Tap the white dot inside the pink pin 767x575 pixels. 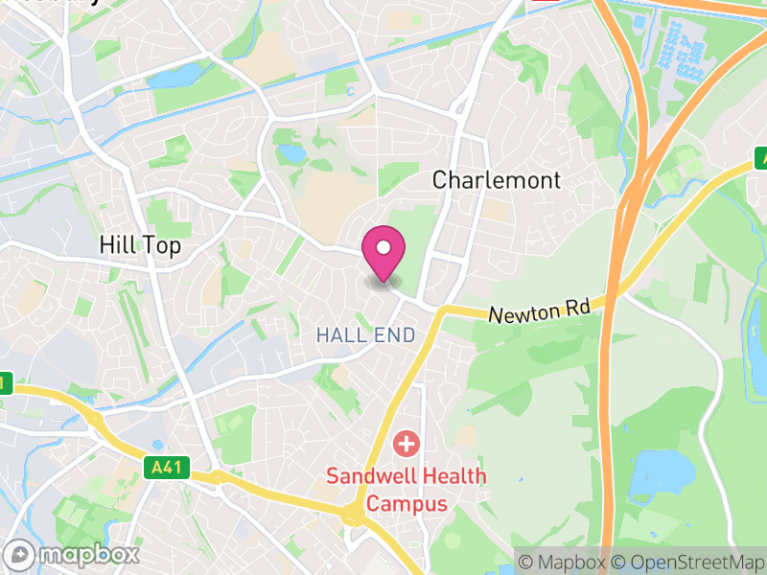[x=383, y=248]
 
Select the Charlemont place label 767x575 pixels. [x=496, y=180]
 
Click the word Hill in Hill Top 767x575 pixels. [x=119, y=246]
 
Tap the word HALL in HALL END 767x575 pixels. [x=338, y=335]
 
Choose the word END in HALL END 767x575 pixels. [x=395, y=335]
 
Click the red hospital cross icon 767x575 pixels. [x=407, y=444]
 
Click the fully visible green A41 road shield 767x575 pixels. [x=170, y=469]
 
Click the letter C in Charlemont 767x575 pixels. [x=440, y=180]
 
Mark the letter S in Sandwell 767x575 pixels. [x=333, y=476]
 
